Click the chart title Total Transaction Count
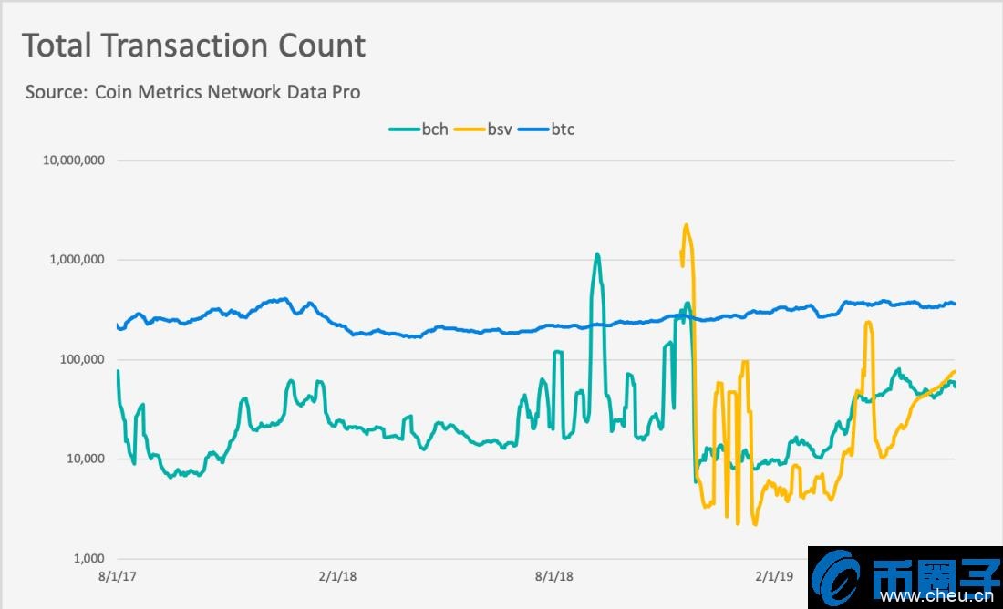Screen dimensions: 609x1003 pyautogui.click(x=193, y=46)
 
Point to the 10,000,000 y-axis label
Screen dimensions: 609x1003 pyautogui.click(x=74, y=160)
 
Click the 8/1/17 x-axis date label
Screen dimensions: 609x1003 pyautogui.click(x=117, y=576)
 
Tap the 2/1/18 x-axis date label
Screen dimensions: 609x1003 pyautogui.click(x=337, y=576)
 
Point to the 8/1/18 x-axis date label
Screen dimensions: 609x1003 pyautogui.click(x=554, y=576)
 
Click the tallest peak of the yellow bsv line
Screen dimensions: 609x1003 pyautogui.click(x=686, y=225)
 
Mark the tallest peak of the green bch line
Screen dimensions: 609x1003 pyautogui.click(x=597, y=254)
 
